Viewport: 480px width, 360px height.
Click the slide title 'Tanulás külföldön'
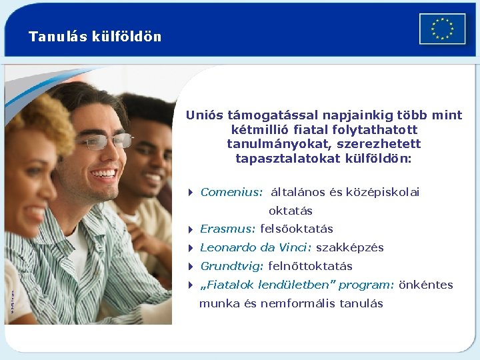(95, 37)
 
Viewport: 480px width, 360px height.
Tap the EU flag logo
(442, 29)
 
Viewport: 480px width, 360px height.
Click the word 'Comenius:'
(231, 192)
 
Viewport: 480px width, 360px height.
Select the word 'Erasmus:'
(227, 229)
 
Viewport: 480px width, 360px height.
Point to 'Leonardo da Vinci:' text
(256, 247)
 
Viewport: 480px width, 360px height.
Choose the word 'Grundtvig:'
(232, 266)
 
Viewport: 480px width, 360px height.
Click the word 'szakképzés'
(350, 247)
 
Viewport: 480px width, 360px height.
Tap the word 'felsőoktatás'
(297, 229)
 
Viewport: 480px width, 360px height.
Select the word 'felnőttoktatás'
(310, 266)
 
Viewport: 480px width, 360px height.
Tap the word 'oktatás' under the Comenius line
(291, 211)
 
